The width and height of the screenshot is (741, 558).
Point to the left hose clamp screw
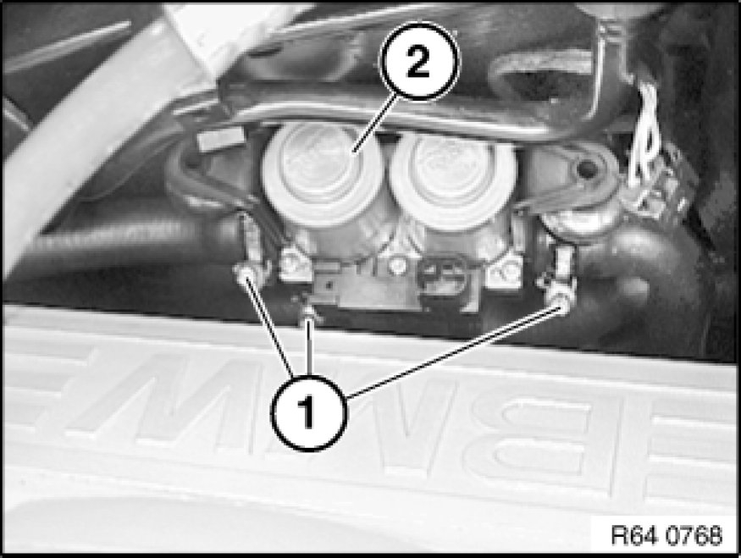[x=243, y=273]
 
